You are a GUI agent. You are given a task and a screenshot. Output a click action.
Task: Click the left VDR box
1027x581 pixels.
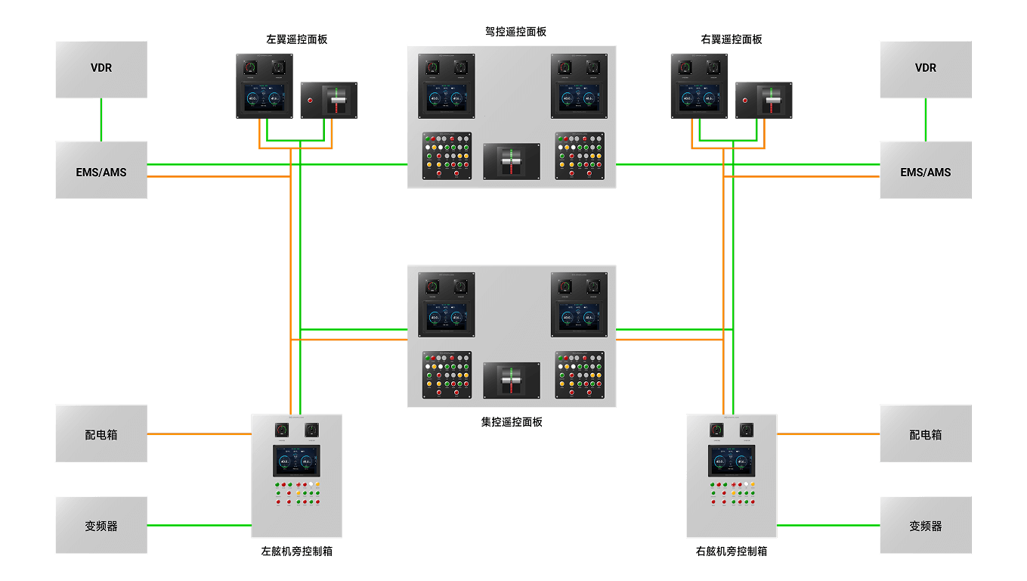point(101,69)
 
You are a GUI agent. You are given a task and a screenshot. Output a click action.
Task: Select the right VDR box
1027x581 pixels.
point(925,69)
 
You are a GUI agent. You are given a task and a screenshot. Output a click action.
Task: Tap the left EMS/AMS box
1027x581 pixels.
point(101,170)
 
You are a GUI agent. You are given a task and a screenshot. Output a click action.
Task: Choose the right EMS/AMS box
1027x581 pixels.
point(925,170)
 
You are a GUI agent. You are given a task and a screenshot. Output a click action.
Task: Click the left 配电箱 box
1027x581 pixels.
point(101,433)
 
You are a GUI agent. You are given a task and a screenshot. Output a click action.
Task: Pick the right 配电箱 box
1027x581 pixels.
point(925,433)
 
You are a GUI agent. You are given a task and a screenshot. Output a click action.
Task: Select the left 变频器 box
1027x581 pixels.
point(101,525)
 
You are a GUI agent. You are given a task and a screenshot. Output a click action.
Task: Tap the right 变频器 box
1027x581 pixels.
point(925,525)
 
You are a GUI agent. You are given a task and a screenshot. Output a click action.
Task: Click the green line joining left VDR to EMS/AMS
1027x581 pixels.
point(101,120)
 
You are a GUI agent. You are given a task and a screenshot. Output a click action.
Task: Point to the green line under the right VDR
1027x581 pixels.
point(925,120)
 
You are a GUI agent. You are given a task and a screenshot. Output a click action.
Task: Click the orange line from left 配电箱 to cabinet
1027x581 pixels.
point(199,434)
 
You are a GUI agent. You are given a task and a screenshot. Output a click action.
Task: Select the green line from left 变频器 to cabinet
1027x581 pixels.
point(199,525)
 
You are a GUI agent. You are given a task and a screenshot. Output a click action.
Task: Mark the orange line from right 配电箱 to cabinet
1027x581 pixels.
point(828,434)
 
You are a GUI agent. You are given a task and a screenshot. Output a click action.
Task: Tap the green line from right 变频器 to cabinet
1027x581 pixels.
point(828,525)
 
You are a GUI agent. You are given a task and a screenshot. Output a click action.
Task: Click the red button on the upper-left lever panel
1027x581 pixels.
point(310,100)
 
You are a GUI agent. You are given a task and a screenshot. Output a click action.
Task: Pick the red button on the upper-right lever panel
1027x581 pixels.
point(745,100)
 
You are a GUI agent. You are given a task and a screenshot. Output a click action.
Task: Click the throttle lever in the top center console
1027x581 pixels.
point(512,161)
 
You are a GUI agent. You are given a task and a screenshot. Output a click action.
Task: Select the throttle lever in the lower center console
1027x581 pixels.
point(512,380)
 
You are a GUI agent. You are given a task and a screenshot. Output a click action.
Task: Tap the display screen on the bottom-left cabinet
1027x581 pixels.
point(296,461)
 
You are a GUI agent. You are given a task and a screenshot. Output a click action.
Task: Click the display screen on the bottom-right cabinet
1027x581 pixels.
point(732,461)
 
